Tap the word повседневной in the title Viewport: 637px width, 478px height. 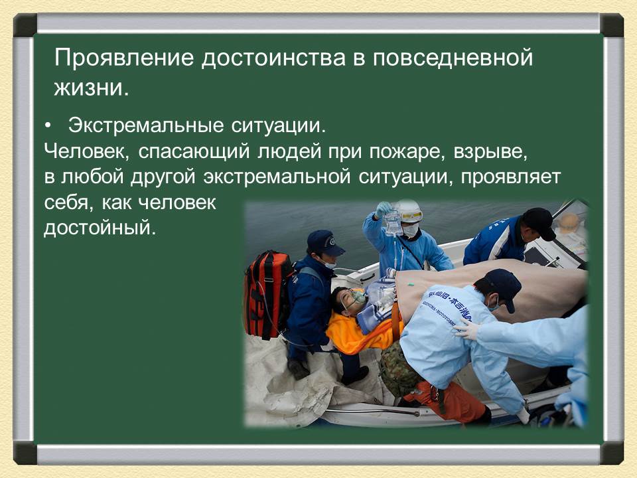click(452, 58)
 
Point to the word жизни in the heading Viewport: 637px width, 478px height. click(88, 88)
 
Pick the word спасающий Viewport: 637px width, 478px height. click(194, 151)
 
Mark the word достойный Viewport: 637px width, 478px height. click(100, 229)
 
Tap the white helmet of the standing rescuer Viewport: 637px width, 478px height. click(409, 210)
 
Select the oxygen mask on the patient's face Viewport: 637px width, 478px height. click(358, 297)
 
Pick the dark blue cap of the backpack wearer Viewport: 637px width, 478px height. click(324, 242)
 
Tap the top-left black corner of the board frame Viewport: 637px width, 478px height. click(25, 25)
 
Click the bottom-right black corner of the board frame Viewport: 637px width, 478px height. click(612, 453)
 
